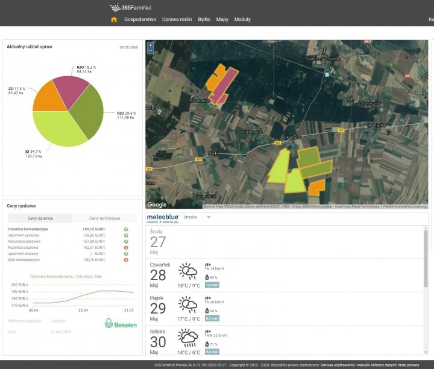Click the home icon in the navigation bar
click(114, 19)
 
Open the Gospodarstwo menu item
click(140, 19)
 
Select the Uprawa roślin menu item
click(177, 19)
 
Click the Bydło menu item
click(204, 19)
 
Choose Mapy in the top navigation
click(222, 19)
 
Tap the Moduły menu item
click(242, 19)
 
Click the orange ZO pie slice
click(49, 100)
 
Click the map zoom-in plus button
click(151, 45)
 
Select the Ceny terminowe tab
click(104, 218)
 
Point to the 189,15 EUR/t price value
click(92, 229)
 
